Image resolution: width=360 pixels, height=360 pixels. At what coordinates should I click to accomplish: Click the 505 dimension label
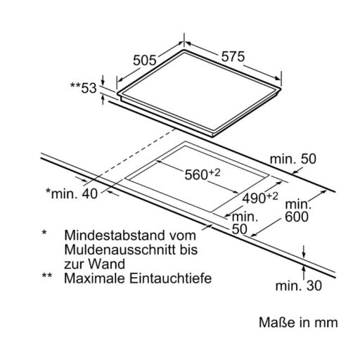pos(144,60)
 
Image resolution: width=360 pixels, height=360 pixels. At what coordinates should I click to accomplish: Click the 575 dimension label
pos(233,56)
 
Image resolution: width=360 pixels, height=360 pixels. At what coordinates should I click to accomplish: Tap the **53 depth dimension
pos(84,88)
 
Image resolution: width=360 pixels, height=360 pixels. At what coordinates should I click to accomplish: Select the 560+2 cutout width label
pos(202,174)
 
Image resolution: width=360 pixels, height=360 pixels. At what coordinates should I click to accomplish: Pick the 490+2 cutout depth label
pos(260,198)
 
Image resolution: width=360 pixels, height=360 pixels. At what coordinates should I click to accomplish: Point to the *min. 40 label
pos(72,193)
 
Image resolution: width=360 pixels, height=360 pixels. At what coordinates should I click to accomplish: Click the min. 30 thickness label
pos(299,286)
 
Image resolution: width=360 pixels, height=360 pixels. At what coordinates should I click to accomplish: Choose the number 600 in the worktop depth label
pos(297,217)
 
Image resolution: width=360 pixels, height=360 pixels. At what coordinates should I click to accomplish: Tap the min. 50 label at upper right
pos(293,159)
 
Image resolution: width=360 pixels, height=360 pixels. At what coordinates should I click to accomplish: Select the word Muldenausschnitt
pos(120,250)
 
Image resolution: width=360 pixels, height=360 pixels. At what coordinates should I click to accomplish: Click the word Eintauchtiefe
pos(171,278)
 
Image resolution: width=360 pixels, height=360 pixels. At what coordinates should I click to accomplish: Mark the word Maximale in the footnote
pos(95,278)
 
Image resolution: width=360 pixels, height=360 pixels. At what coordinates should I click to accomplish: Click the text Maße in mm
pos(298,323)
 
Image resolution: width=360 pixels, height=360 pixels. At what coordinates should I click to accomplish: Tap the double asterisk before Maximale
pos(47,275)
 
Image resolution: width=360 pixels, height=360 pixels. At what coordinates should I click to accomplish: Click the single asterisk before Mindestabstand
pos(44,233)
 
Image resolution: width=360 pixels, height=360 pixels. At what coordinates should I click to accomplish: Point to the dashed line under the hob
pos(134,154)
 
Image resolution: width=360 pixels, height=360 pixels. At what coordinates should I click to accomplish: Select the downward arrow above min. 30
pos(304,252)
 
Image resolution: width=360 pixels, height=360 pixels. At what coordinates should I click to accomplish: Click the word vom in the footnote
pos(183,236)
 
